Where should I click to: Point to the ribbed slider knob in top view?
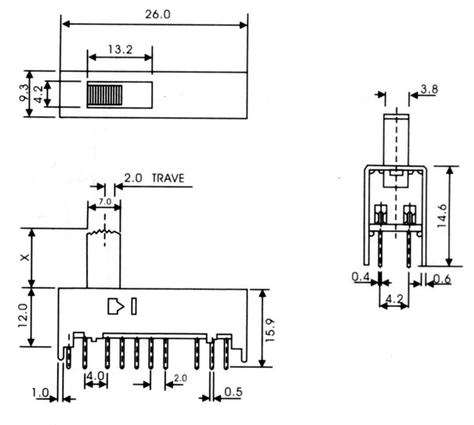click(103, 96)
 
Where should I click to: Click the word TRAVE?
click(167, 179)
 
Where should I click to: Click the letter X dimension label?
click(24, 258)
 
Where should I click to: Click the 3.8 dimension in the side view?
click(430, 90)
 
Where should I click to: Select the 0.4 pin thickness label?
click(360, 276)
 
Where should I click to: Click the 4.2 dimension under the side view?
click(394, 299)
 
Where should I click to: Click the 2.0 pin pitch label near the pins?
click(180, 379)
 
